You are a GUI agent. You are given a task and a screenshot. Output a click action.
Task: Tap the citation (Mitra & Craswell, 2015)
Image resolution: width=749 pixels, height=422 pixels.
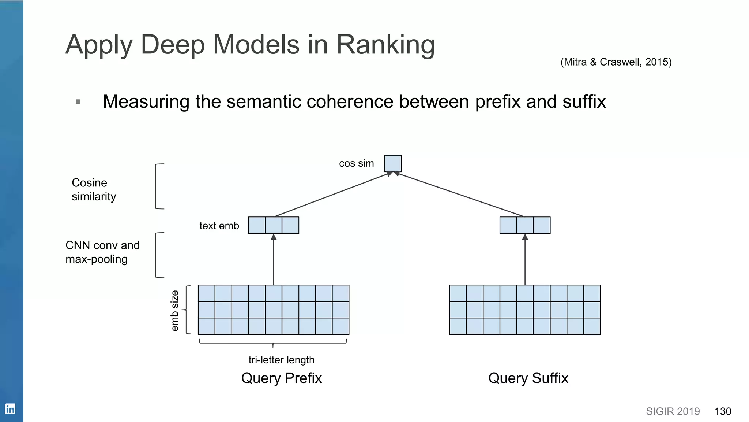(616, 62)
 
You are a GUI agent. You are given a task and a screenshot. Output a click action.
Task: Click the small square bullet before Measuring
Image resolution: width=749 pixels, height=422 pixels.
(78, 101)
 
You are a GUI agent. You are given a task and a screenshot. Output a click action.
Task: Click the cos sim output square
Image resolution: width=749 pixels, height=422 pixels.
(393, 163)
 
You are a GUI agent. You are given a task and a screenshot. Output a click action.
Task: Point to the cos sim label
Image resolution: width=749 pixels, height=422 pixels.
(356, 163)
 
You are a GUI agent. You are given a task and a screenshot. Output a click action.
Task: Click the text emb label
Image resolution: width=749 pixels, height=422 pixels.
(219, 226)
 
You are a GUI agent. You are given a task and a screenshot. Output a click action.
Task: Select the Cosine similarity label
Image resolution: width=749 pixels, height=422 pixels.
(94, 189)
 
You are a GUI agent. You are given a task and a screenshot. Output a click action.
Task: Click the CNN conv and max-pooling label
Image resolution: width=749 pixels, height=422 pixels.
(102, 252)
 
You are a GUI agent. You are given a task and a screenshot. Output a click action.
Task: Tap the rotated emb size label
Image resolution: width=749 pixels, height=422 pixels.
(175, 310)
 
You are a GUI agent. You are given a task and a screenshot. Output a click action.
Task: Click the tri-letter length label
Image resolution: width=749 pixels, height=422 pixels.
(281, 360)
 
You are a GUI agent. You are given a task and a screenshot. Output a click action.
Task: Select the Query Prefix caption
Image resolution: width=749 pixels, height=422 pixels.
(281, 378)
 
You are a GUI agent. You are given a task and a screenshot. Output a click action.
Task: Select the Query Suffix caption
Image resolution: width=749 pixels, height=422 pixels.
(528, 378)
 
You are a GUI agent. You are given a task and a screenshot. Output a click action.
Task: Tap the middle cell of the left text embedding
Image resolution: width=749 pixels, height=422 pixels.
(274, 225)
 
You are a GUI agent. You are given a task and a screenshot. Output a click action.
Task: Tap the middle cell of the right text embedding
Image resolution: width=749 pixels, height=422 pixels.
(525, 225)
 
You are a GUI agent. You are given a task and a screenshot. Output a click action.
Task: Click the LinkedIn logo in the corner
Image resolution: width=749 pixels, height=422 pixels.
(10, 408)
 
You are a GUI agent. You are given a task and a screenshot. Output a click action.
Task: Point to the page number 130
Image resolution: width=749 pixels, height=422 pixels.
(723, 411)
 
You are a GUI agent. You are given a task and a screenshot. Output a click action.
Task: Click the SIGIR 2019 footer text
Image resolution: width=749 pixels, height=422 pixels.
(673, 411)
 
